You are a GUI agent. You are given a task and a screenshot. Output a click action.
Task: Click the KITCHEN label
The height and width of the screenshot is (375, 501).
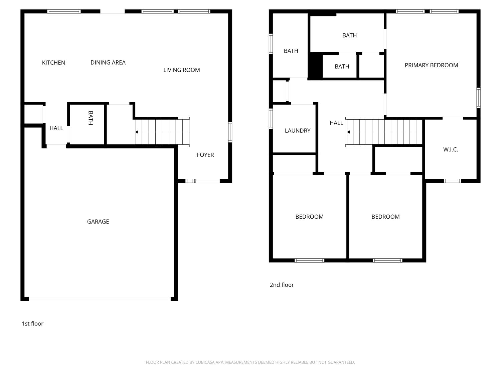click(53, 63)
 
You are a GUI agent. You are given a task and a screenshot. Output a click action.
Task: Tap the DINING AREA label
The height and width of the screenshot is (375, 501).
click(108, 63)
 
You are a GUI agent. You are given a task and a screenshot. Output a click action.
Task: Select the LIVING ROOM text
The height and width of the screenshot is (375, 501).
click(181, 70)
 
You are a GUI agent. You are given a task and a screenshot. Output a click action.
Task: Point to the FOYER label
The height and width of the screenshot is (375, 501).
click(205, 155)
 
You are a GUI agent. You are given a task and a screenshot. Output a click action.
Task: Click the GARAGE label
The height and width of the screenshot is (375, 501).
click(98, 222)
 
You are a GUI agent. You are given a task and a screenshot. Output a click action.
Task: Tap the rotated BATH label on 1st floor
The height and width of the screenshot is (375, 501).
click(90, 118)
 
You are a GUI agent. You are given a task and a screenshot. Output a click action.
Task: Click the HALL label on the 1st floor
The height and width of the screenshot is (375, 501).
click(56, 128)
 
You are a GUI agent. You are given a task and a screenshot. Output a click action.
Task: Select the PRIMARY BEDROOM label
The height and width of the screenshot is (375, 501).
click(431, 65)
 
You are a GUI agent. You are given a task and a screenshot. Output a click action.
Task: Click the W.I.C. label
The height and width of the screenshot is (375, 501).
click(450, 150)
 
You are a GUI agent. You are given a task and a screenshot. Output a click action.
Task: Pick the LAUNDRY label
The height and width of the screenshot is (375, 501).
click(297, 131)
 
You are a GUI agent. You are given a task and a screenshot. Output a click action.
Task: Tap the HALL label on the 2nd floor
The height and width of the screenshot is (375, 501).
click(336, 123)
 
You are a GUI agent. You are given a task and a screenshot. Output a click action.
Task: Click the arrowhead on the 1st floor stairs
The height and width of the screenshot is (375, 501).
click(137, 132)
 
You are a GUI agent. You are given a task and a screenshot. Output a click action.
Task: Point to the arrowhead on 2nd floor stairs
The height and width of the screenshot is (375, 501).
click(348, 132)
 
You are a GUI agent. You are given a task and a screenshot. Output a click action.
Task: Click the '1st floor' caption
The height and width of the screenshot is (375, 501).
click(32, 324)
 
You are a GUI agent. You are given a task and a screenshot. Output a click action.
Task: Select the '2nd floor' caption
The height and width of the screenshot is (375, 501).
click(282, 285)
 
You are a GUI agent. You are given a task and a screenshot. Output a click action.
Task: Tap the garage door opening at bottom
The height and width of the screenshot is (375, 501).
click(100, 299)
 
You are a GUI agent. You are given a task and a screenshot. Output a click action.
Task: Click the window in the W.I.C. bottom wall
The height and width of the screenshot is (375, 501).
click(452, 181)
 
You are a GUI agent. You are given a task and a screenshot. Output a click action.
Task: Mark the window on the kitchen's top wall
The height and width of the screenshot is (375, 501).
click(64, 11)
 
